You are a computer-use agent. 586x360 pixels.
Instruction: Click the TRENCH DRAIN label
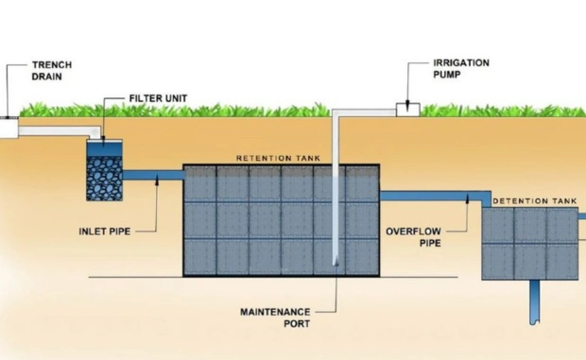52,71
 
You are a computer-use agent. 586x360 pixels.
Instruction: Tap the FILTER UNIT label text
158,98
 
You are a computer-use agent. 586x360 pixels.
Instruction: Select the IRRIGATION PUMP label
461,69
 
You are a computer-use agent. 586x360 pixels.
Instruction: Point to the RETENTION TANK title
279,159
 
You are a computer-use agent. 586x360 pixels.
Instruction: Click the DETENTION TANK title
535,201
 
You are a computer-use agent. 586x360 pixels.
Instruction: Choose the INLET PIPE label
105,231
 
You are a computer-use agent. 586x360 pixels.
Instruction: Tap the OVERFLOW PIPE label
413,237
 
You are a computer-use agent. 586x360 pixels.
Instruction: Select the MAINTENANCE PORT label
275,317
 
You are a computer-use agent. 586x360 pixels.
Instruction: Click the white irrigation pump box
408,110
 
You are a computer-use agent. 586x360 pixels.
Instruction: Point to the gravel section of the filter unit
105,179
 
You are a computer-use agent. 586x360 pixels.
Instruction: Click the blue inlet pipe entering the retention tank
153,175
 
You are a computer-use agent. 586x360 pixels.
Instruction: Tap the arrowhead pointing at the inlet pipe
157,180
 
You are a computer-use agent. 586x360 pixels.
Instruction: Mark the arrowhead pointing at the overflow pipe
467,197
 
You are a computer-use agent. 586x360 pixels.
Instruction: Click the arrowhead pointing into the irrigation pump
407,103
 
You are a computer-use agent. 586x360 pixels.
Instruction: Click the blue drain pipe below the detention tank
535,302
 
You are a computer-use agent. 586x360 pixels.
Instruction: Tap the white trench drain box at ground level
9,129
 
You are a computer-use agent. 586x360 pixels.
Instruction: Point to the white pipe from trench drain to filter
60,132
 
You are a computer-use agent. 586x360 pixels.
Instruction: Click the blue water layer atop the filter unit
105,149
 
